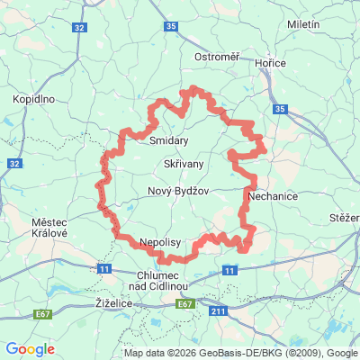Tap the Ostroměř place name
(x=217, y=58)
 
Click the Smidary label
(x=168, y=140)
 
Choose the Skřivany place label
(x=184, y=164)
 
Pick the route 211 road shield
(x=216, y=311)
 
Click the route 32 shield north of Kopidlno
(x=81, y=29)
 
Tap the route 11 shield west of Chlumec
(x=105, y=268)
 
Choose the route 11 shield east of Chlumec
(x=230, y=270)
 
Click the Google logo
(x=30, y=349)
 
